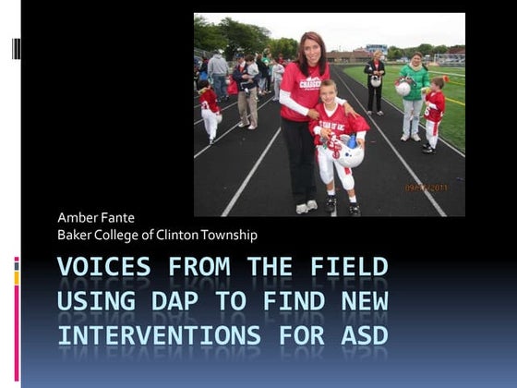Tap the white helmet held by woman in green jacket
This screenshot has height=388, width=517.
[403, 87]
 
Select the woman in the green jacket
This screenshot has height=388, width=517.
[413, 92]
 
